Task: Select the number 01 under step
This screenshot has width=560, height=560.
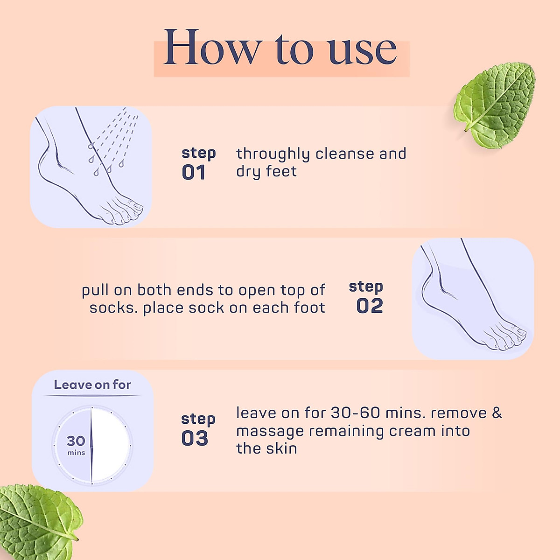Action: [x=194, y=173]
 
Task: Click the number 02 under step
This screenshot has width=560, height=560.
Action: [x=370, y=306]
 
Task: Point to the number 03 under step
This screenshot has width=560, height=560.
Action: [x=195, y=439]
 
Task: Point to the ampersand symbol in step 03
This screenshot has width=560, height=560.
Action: [x=497, y=413]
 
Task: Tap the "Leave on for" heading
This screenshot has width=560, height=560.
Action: [x=92, y=385]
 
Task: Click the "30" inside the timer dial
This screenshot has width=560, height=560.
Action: [x=76, y=441]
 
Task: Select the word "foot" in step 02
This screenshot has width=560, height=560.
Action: [x=309, y=308]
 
